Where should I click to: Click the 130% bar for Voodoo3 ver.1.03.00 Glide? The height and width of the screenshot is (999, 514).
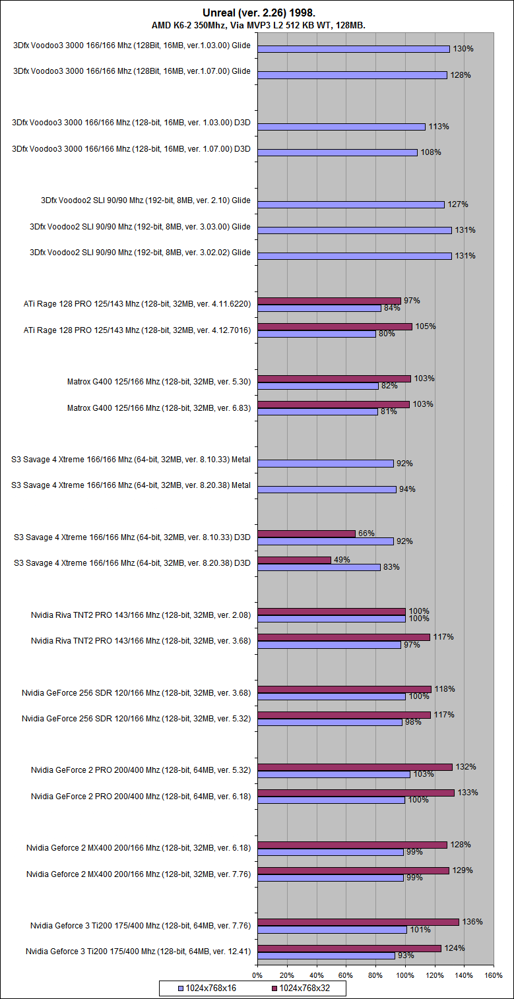pyautogui.click(x=353, y=49)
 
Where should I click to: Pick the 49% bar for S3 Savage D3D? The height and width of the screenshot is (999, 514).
pyautogui.click(x=294, y=560)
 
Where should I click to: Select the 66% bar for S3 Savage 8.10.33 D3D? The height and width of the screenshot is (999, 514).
pyautogui.click(x=306, y=533)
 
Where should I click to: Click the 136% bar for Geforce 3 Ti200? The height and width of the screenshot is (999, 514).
pyautogui.click(x=358, y=922)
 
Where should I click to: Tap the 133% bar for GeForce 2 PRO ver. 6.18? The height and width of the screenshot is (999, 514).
pyautogui.click(x=356, y=793)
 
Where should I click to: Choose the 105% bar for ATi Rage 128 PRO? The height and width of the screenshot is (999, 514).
pyautogui.click(x=335, y=326)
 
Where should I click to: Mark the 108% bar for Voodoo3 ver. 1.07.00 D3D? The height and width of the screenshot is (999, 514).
pyautogui.click(x=337, y=152)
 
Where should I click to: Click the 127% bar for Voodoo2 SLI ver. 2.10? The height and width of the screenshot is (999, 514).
pyautogui.click(x=351, y=204)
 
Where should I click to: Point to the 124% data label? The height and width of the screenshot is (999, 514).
pyautogui.click(x=455, y=948)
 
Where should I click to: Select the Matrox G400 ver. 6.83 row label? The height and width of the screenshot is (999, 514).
pyautogui.click(x=159, y=408)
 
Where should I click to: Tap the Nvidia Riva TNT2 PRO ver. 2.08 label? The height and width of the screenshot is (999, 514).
pyautogui.click(x=141, y=615)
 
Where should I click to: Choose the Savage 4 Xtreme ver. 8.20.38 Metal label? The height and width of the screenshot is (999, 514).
pyautogui.click(x=131, y=485)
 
